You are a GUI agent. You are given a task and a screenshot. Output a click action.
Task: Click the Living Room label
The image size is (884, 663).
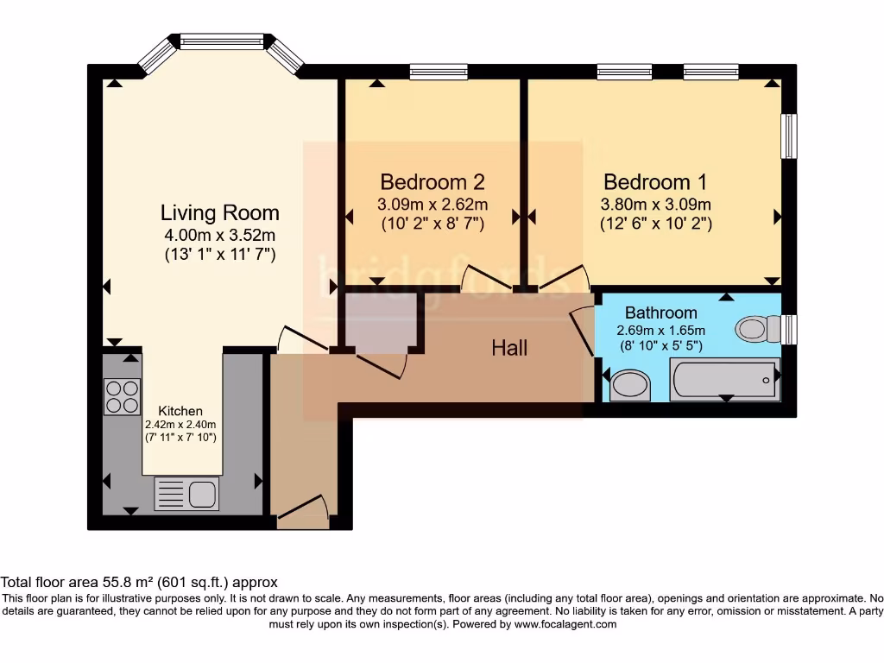point(220,212)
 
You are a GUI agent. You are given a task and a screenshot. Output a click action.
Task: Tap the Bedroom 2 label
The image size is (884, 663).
point(433,182)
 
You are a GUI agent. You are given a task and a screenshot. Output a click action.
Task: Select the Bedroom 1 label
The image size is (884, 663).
point(655,182)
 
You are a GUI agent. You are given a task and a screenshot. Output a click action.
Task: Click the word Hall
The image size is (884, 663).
point(509,348)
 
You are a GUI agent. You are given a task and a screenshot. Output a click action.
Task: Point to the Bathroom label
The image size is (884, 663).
point(660,313)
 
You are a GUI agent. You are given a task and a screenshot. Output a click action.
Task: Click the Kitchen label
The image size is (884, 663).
point(180,411)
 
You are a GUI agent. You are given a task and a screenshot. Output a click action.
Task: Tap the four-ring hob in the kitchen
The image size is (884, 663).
point(122,396)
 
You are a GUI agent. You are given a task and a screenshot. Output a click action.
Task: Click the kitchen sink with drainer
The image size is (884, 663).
point(186,493)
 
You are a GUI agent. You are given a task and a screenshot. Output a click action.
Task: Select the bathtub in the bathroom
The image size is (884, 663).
point(725,380)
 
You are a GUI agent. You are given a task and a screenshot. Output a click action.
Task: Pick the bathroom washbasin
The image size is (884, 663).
point(630,386)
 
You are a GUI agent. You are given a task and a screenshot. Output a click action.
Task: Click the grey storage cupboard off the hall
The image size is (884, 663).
point(381,319)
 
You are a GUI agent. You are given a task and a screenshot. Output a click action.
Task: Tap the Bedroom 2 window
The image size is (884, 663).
point(439,72)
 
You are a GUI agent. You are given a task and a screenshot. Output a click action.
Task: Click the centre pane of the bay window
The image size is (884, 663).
point(222,41)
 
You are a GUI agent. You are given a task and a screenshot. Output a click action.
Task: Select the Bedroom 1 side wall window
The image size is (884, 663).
point(789,136)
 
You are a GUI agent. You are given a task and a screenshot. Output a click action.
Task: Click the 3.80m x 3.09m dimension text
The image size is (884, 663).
point(655,204)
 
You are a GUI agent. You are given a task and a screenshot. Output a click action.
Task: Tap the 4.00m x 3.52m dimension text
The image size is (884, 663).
point(220,235)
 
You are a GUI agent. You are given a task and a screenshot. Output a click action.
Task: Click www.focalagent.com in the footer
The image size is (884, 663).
point(565,624)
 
